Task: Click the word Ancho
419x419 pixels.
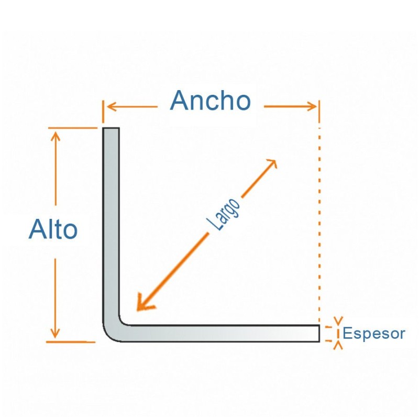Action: (211, 101)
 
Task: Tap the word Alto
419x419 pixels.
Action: (53, 229)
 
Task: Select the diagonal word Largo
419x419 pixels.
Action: (224, 215)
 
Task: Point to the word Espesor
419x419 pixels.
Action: (373, 334)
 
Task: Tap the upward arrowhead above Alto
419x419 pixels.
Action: (56, 136)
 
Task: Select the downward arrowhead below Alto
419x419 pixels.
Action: (55, 333)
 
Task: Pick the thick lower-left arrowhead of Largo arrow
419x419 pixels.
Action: (145, 303)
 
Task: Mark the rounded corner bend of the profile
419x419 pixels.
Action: (112, 333)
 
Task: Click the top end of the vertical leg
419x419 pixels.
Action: (111, 128)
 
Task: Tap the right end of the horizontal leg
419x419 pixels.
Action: (319, 333)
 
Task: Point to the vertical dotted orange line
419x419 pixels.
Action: (319, 224)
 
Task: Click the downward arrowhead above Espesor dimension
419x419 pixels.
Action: (338, 321)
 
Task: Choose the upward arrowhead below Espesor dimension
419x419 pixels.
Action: (338, 345)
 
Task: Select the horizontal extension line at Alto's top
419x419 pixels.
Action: (73, 128)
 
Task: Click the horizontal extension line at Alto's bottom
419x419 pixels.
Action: (71, 342)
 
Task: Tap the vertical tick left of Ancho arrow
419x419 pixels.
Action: (103, 112)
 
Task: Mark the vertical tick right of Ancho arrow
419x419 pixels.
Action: (319, 112)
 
